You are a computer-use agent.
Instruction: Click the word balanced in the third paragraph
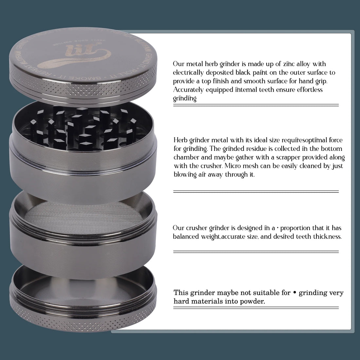pyautogui.click(x=186, y=236)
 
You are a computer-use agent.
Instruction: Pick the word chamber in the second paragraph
pyautogui.click(x=186, y=157)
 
